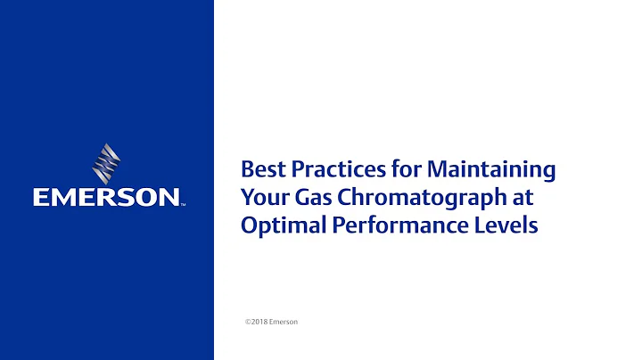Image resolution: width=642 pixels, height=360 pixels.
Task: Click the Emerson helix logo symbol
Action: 106,164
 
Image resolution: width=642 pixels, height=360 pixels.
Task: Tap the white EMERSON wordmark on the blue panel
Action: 106,197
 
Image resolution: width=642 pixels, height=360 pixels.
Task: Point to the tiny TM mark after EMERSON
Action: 184,204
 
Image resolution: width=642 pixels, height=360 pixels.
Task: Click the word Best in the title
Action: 260,168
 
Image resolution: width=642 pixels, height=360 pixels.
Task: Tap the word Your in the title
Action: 261,197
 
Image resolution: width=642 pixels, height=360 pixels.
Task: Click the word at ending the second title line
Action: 524,197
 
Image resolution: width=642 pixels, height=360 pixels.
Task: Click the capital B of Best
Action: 247,168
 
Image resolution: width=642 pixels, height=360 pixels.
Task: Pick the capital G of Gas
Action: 294,197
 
